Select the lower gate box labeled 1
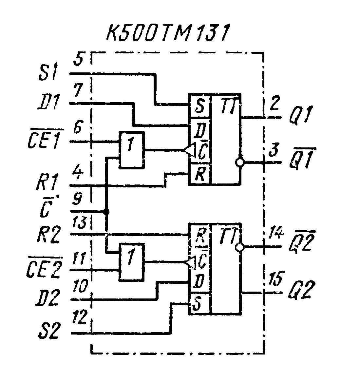[x=132, y=262]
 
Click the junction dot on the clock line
[x=106, y=212]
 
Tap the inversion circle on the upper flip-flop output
[x=240, y=162]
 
